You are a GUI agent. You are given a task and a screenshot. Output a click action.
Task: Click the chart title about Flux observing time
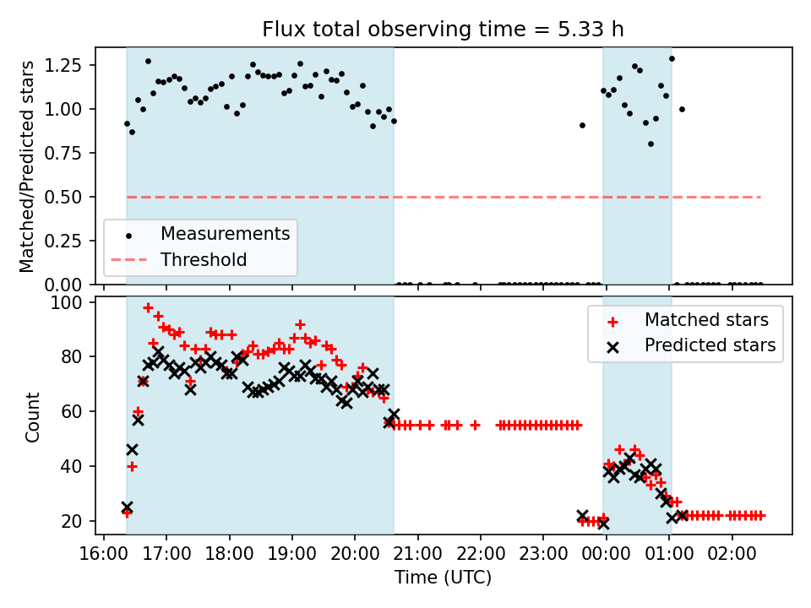[443, 29]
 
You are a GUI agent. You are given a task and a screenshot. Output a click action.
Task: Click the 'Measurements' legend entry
[226, 233]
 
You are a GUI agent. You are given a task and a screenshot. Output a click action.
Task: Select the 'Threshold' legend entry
[204, 259]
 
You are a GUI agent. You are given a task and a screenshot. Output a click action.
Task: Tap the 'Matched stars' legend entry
[706, 319]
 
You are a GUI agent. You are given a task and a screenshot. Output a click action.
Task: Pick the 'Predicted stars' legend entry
[710, 345]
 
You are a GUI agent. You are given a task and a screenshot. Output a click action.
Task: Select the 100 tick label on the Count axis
[75, 302]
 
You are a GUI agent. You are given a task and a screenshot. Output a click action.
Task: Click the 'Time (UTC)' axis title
[443, 578]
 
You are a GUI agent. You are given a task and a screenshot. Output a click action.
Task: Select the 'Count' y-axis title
[33, 417]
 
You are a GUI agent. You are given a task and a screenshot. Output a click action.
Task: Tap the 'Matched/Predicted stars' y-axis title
[28, 166]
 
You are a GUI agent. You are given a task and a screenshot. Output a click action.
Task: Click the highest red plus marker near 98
[148, 308]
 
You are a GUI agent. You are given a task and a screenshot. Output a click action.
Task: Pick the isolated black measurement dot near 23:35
[582, 125]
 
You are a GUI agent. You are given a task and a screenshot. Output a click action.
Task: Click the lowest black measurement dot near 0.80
[650, 144]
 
